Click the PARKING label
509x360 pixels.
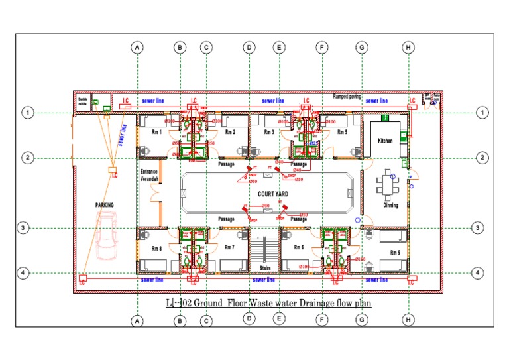pos(104,205)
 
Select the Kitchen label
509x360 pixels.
pos(385,141)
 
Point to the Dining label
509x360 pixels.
pos(390,205)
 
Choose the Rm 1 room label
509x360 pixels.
pos(157,133)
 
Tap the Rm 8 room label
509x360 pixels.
pos(157,249)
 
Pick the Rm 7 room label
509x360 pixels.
pos(229,247)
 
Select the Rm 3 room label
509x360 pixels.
pos(268,133)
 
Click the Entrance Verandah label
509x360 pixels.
pos(149,174)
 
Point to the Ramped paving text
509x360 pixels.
pos(347,96)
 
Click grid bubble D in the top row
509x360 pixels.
pos(249,48)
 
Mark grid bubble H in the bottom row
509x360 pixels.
pos(409,320)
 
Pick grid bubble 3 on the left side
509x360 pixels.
pos(23,228)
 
